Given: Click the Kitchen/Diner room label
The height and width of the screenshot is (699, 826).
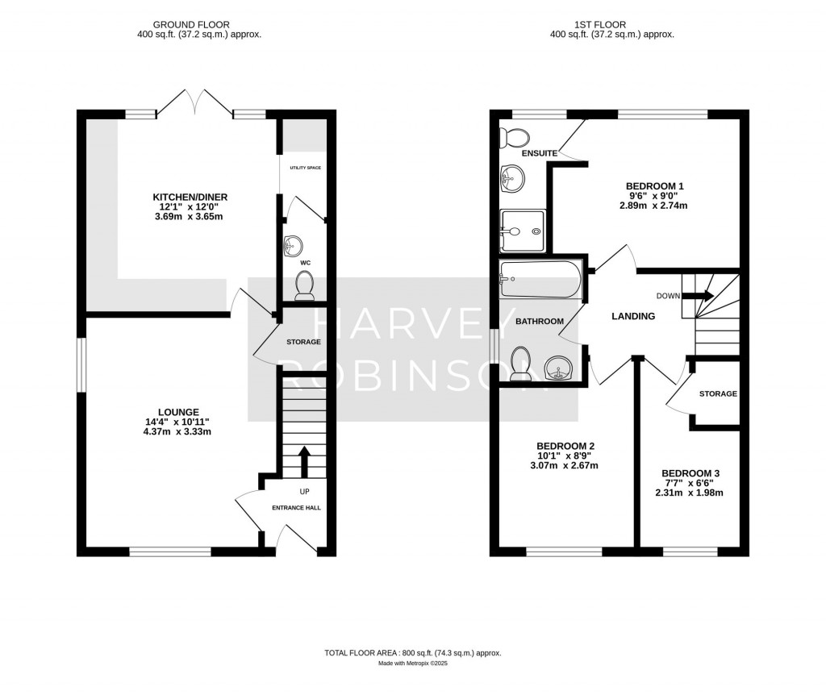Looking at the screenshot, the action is [190, 198].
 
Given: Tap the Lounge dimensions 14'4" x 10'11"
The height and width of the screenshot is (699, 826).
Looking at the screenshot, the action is [177, 422].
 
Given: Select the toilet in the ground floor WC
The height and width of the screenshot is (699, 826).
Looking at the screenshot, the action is [304, 285].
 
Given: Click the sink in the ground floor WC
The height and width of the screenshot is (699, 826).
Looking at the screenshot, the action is [292, 246].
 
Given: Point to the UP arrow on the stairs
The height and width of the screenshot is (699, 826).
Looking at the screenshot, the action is [304, 462].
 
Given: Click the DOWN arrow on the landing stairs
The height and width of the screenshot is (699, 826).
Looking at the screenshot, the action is [699, 296].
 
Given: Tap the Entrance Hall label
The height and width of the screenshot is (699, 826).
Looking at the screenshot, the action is [296, 508].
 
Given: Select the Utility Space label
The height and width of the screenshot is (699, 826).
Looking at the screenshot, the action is [306, 168].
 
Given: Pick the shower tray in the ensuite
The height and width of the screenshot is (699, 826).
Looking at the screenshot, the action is [523, 230].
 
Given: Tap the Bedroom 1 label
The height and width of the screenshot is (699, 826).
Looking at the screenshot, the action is [654, 186].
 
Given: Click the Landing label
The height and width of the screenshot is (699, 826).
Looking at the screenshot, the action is [633, 316].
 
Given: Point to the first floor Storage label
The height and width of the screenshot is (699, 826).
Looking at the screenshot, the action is [718, 393].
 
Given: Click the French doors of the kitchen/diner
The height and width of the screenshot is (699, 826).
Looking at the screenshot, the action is [195, 102].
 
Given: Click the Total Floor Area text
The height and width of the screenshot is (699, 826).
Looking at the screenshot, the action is [413, 653].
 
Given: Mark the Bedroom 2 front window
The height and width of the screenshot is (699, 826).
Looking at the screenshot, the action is [564, 551].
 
